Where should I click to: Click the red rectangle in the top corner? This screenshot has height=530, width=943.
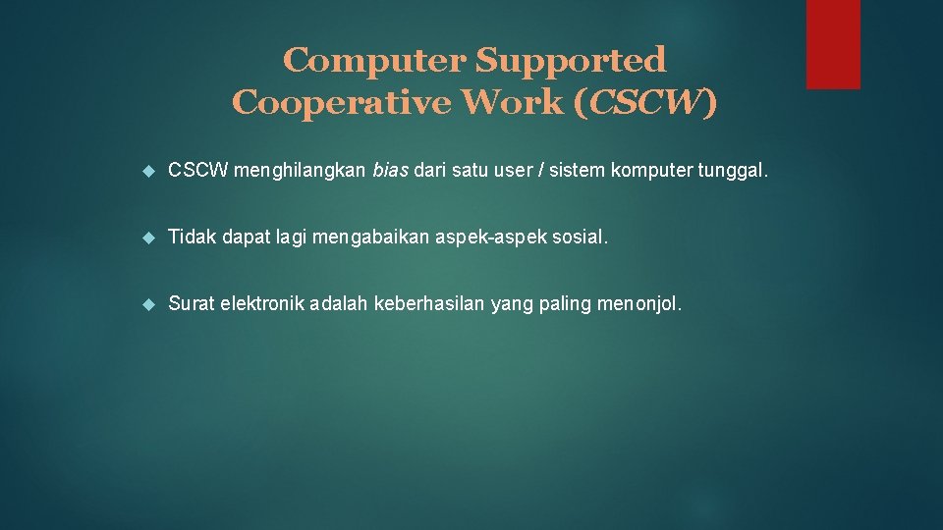pos(833,44)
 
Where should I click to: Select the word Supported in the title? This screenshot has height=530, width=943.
pos(571,61)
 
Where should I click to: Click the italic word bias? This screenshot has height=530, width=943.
pos(391,172)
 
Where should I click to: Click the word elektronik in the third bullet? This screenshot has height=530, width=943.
pos(262,304)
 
